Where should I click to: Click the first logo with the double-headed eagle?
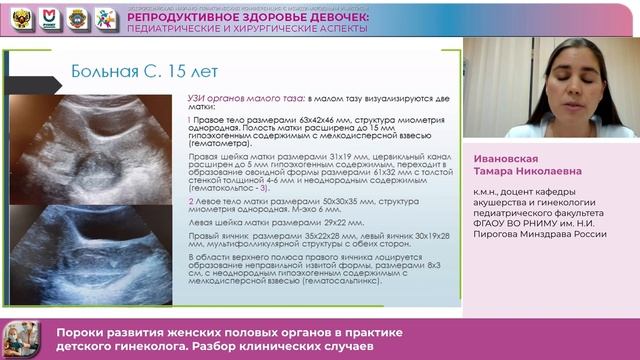21,18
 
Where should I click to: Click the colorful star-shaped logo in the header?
105,18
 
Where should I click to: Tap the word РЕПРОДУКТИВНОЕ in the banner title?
175,17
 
